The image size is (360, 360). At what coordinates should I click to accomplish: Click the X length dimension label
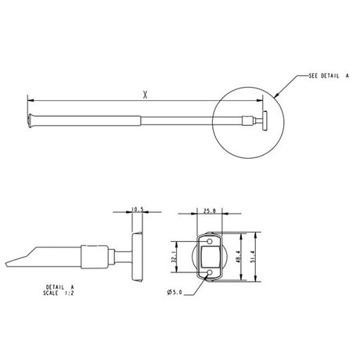[x=146, y=95]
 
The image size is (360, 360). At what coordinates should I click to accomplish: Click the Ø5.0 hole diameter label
[x=175, y=293]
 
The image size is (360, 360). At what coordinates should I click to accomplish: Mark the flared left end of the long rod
[x=31, y=120]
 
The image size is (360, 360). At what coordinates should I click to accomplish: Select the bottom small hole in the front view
[x=210, y=272]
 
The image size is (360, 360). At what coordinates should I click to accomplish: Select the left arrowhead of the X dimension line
[x=31, y=101]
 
